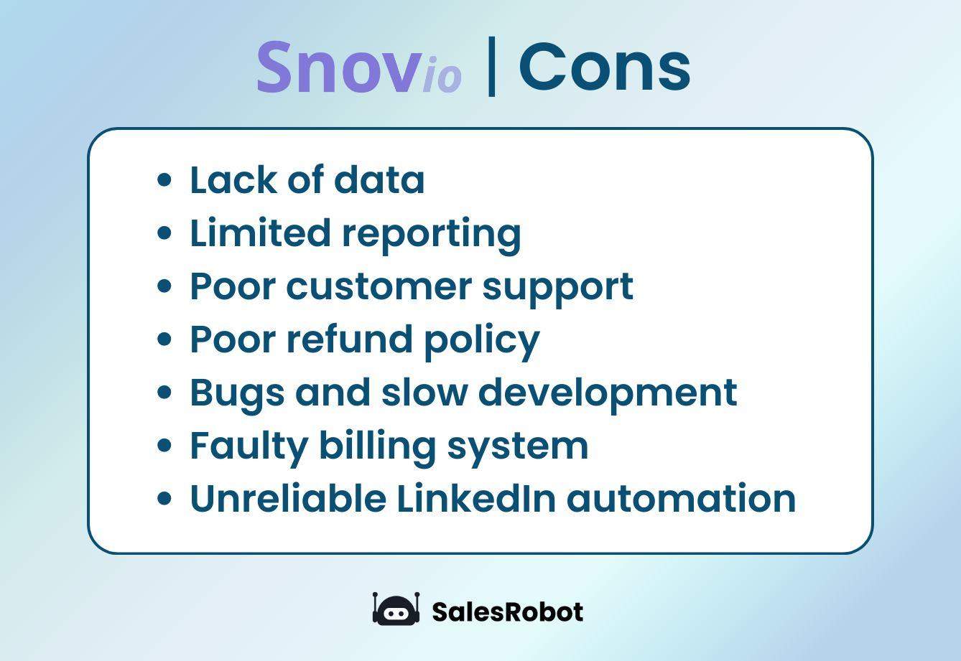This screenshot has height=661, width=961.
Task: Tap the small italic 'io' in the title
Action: (442, 76)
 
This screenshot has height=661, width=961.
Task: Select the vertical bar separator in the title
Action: (491, 66)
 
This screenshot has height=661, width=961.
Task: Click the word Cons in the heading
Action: (604, 66)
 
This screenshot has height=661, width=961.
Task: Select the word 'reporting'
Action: (431, 234)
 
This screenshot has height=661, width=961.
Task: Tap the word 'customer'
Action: (379, 286)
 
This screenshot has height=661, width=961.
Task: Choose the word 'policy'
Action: (481, 340)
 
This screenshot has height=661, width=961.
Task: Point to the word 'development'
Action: (608, 393)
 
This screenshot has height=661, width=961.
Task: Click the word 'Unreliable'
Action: (288, 498)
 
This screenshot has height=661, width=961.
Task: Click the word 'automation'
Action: (681, 498)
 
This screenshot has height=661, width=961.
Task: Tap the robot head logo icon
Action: (396, 610)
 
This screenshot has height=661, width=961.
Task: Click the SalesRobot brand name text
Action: (507, 611)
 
